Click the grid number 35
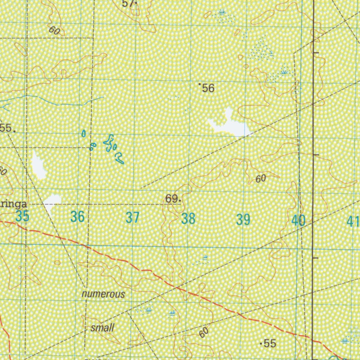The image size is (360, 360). (x=22, y=217)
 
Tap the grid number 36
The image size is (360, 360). (x=77, y=217)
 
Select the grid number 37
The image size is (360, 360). (x=133, y=218)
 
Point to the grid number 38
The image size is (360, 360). (x=188, y=219)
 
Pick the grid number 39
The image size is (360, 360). (x=243, y=220)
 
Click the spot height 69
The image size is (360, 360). (x=172, y=199)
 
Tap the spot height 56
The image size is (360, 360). (x=208, y=88)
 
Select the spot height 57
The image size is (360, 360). (x=128, y=4)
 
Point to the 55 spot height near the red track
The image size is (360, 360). (x=269, y=343)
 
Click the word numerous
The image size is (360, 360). (x=103, y=294)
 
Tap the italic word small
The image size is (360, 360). (x=102, y=328)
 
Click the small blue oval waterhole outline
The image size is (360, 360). (x=84, y=133)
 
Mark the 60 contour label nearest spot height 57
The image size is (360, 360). (x=54, y=31)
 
